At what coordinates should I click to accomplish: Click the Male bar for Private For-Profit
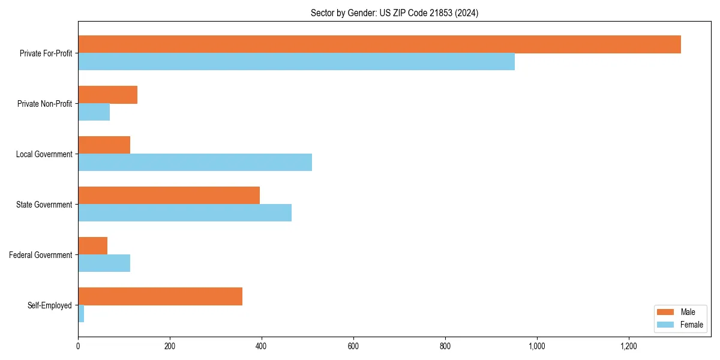379,44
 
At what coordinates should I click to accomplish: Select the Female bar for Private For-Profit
296,62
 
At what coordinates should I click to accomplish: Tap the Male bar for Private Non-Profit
108,95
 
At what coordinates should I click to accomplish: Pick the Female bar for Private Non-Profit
94,112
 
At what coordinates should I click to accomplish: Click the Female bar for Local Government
195,163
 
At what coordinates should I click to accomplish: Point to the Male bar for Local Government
104,145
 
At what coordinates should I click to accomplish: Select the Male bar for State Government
169,196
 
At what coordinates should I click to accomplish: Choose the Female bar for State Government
185,213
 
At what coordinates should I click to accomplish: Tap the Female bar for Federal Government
104,263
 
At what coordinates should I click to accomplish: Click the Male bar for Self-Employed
160,296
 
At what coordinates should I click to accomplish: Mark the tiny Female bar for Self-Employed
81,314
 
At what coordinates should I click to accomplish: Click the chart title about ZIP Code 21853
394,13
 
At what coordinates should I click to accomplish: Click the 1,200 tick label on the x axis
628,346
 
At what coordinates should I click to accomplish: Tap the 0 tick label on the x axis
78,346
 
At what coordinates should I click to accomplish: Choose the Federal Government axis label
41,255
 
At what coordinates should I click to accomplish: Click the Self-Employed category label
50,305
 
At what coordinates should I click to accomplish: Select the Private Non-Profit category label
44,104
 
